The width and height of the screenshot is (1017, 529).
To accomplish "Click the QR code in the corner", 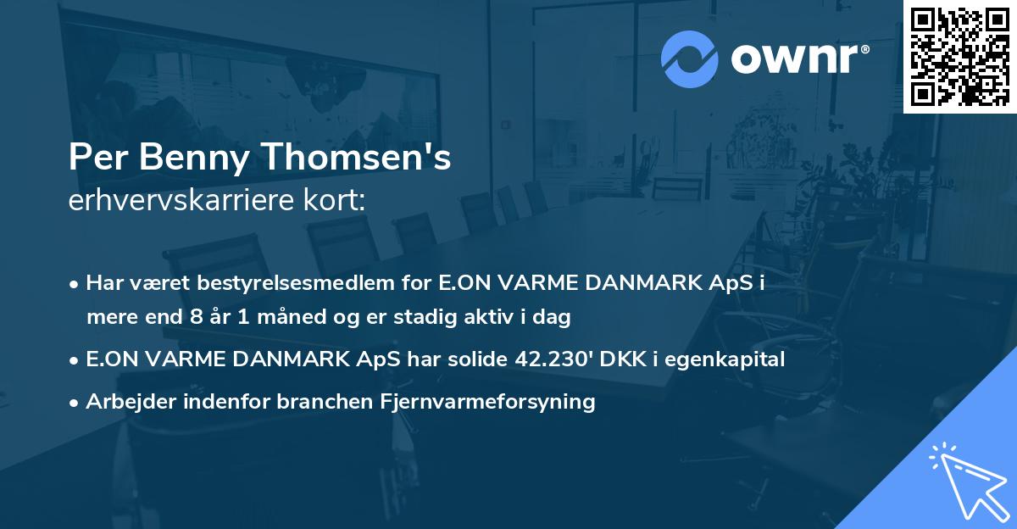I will point(959,56).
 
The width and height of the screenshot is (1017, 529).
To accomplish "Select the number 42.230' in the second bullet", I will point(553,359).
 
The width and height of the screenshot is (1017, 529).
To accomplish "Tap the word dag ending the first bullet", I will point(554,318).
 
